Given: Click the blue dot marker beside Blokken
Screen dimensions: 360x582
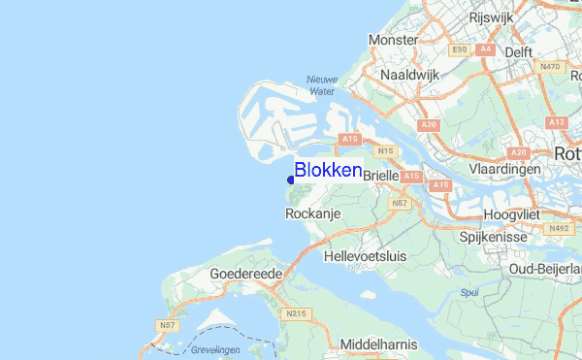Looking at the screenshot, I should click(x=291, y=180).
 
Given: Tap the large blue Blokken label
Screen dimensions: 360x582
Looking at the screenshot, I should click(x=328, y=170).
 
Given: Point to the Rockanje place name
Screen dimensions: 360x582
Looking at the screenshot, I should click(x=310, y=213).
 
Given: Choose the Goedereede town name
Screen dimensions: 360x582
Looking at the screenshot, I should click(x=245, y=275).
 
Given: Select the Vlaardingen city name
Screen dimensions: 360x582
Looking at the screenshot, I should click(x=503, y=168).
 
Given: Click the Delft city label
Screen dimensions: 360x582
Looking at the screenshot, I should click(x=519, y=52).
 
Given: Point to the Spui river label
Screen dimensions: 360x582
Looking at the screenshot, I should click(x=469, y=290).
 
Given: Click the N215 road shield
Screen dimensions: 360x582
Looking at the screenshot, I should click(x=296, y=313).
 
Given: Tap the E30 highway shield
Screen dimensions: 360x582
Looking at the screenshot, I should click(x=459, y=49).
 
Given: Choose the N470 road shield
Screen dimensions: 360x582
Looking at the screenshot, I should click(x=549, y=66).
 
